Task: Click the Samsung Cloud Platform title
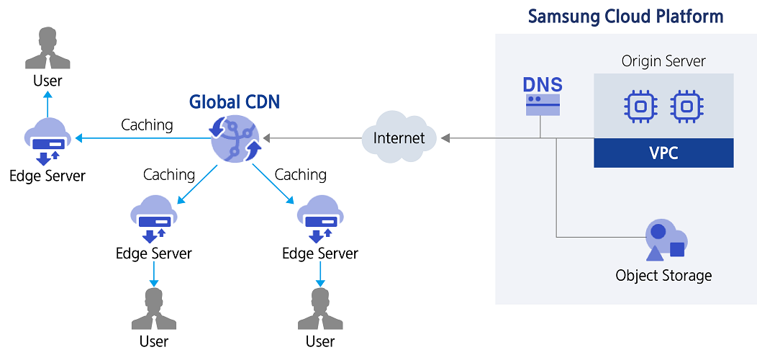click(x=625, y=17)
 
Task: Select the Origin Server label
click(x=663, y=61)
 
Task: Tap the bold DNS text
click(x=543, y=85)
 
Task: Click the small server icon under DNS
click(x=543, y=106)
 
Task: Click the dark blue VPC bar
click(x=663, y=153)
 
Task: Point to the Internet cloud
click(x=399, y=137)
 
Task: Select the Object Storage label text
click(x=663, y=275)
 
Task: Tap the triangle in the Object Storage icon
click(x=655, y=253)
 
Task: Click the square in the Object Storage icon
click(x=677, y=249)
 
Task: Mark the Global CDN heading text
click(x=234, y=102)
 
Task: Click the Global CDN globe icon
click(x=235, y=138)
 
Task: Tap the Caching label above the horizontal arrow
click(x=147, y=125)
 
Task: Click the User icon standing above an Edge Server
click(x=47, y=48)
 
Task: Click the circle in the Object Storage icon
click(x=658, y=232)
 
